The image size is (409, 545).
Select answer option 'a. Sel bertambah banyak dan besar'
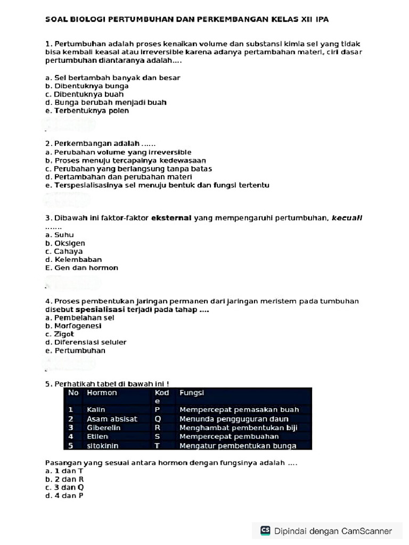pyautogui.click(x=113, y=78)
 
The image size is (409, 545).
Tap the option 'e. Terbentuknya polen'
pyautogui.click(x=87, y=111)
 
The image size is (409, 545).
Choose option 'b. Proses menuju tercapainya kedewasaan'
pyautogui.click(x=126, y=160)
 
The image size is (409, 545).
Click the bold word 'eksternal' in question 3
pyautogui.click(x=171, y=218)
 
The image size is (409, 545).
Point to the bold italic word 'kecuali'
pyautogui.click(x=347, y=218)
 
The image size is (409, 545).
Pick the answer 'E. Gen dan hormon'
pyautogui.click(x=82, y=268)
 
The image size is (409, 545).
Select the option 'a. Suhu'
pyautogui.click(x=60, y=235)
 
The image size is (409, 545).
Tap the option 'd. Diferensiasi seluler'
pyautogui.click(x=86, y=342)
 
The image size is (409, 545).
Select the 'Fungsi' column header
pyautogui.click(x=192, y=393)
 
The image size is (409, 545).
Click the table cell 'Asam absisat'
pyautogui.click(x=112, y=419)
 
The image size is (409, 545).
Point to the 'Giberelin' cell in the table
pyautogui.click(x=103, y=427)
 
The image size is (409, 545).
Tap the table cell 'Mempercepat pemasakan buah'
pyautogui.click(x=239, y=410)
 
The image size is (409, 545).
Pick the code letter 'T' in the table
pyautogui.click(x=157, y=446)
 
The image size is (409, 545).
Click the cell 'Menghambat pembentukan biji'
pyautogui.click(x=238, y=427)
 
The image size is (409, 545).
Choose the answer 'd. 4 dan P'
pyautogui.click(x=65, y=496)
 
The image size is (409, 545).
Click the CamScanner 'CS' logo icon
pyautogui.click(x=265, y=530)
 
